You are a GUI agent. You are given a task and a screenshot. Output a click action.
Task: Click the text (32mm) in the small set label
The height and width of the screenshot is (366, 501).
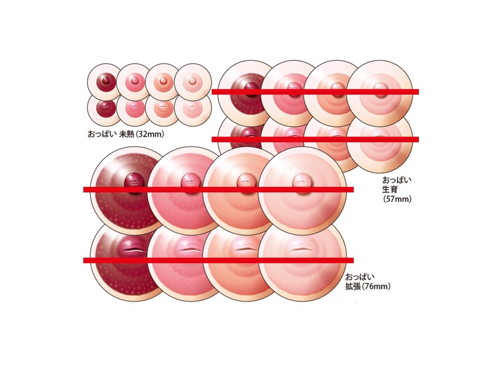[x=150, y=134]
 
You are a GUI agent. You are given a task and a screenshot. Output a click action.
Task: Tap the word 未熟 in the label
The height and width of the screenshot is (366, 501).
[x=127, y=134]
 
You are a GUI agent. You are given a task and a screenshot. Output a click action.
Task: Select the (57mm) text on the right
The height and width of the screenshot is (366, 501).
[x=397, y=199]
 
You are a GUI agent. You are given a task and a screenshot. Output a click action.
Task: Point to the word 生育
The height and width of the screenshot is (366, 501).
[x=390, y=189]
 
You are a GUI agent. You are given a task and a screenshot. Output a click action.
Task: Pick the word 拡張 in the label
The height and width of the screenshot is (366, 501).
[x=353, y=286]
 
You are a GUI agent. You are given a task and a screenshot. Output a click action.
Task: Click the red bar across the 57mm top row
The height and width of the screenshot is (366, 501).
[x=316, y=91]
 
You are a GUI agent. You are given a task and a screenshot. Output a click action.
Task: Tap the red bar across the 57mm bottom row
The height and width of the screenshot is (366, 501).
[x=316, y=139]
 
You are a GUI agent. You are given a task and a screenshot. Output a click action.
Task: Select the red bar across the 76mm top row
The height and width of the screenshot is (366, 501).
[x=219, y=189]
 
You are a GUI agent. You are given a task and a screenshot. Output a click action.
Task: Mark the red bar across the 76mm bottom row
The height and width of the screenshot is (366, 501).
[x=219, y=261]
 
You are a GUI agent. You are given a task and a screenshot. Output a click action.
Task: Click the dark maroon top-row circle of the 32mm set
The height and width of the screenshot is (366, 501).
[x=104, y=81]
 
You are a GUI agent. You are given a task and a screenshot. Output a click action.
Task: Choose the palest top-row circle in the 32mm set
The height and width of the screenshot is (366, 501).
[x=193, y=82]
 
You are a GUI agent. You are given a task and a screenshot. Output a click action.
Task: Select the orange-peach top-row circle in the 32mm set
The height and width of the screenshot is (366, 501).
[x=163, y=82]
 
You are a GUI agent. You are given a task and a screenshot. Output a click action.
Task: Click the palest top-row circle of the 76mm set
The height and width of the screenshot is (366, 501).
[x=302, y=191]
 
